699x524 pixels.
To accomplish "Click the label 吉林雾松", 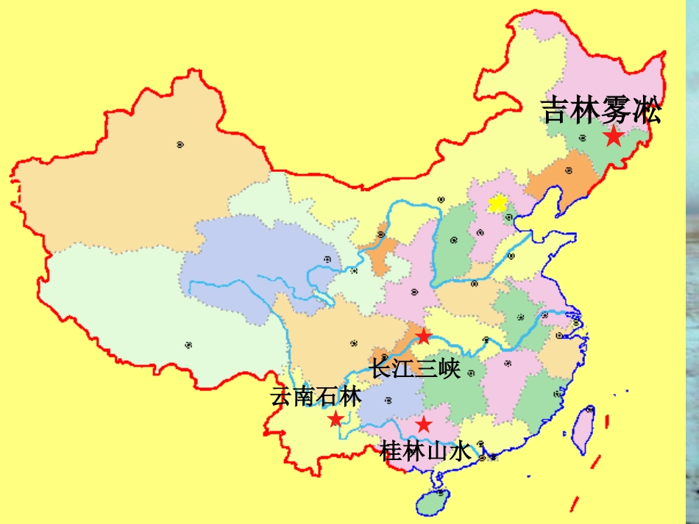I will [602, 111].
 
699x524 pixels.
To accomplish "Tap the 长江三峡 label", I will [415, 367].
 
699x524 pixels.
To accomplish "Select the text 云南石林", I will [316, 397].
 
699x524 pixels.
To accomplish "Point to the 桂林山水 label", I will [425, 451].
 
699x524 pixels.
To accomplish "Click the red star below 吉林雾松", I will [613, 136].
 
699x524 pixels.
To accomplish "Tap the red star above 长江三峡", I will [424, 337].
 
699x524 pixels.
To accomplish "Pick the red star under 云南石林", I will [336, 419].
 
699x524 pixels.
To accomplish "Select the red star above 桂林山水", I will [423, 424].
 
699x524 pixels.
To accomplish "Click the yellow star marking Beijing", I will [498, 203].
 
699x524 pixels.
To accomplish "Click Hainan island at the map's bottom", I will [435, 503].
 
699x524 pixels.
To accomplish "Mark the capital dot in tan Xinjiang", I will [180, 144].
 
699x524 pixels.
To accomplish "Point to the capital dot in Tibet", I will [188, 344].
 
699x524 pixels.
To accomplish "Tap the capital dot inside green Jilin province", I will [582, 137].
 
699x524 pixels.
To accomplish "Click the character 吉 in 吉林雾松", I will [556, 111].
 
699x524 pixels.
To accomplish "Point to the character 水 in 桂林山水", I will [459, 451].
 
